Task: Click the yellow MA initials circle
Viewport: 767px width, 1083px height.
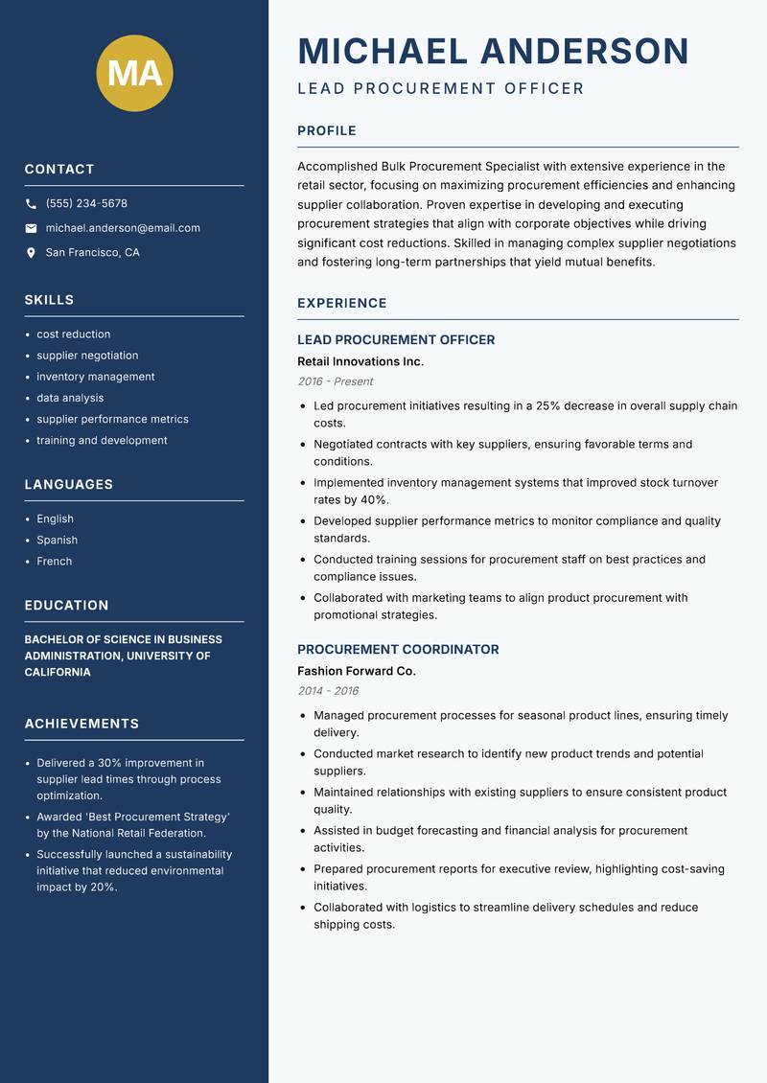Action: [135, 73]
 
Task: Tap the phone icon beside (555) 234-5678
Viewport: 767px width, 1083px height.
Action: [31, 204]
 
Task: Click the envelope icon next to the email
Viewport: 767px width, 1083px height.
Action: [31, 228]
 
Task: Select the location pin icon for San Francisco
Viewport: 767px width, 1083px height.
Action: [31, 253]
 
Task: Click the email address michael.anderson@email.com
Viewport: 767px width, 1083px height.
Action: [123, 228]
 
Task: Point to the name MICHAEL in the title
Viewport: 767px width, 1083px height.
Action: [383, 51]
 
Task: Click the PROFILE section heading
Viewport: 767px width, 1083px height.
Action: [327, 131]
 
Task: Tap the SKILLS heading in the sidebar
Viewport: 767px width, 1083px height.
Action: [49, 300]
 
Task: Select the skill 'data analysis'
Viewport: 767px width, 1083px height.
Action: [70, 398]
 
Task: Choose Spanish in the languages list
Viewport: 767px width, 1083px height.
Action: [57, 540]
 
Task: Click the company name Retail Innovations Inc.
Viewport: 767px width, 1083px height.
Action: [360, 361]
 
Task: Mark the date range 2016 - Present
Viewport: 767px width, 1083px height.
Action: [336, 381]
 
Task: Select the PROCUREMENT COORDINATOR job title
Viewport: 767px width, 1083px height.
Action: [398, 649]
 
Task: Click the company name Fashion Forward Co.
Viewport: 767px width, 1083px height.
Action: [357, 671]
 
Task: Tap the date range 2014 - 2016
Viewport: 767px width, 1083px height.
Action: [328, 691]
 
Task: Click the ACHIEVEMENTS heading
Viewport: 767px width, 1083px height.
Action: [81, 724]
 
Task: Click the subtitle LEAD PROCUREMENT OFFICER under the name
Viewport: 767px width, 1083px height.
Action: [441, 89]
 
